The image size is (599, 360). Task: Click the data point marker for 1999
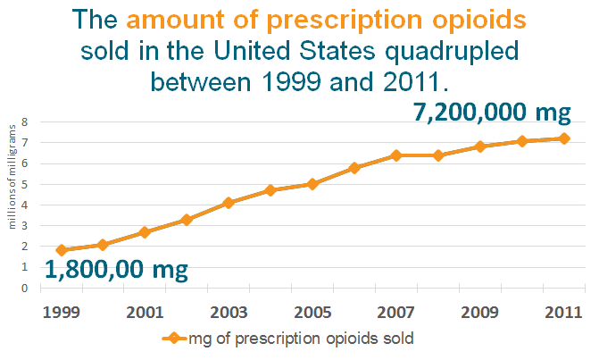[x=61, y=250]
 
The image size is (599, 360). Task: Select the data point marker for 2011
[x=564, y=138]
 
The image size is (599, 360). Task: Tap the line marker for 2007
[x=396, y=155]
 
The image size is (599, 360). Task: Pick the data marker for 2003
[x=229, y=203]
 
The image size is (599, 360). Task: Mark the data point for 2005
[x=312, y=184]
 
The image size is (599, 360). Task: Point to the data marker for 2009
[x=480, y=147]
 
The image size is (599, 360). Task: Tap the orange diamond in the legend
[x=176, y=339]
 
